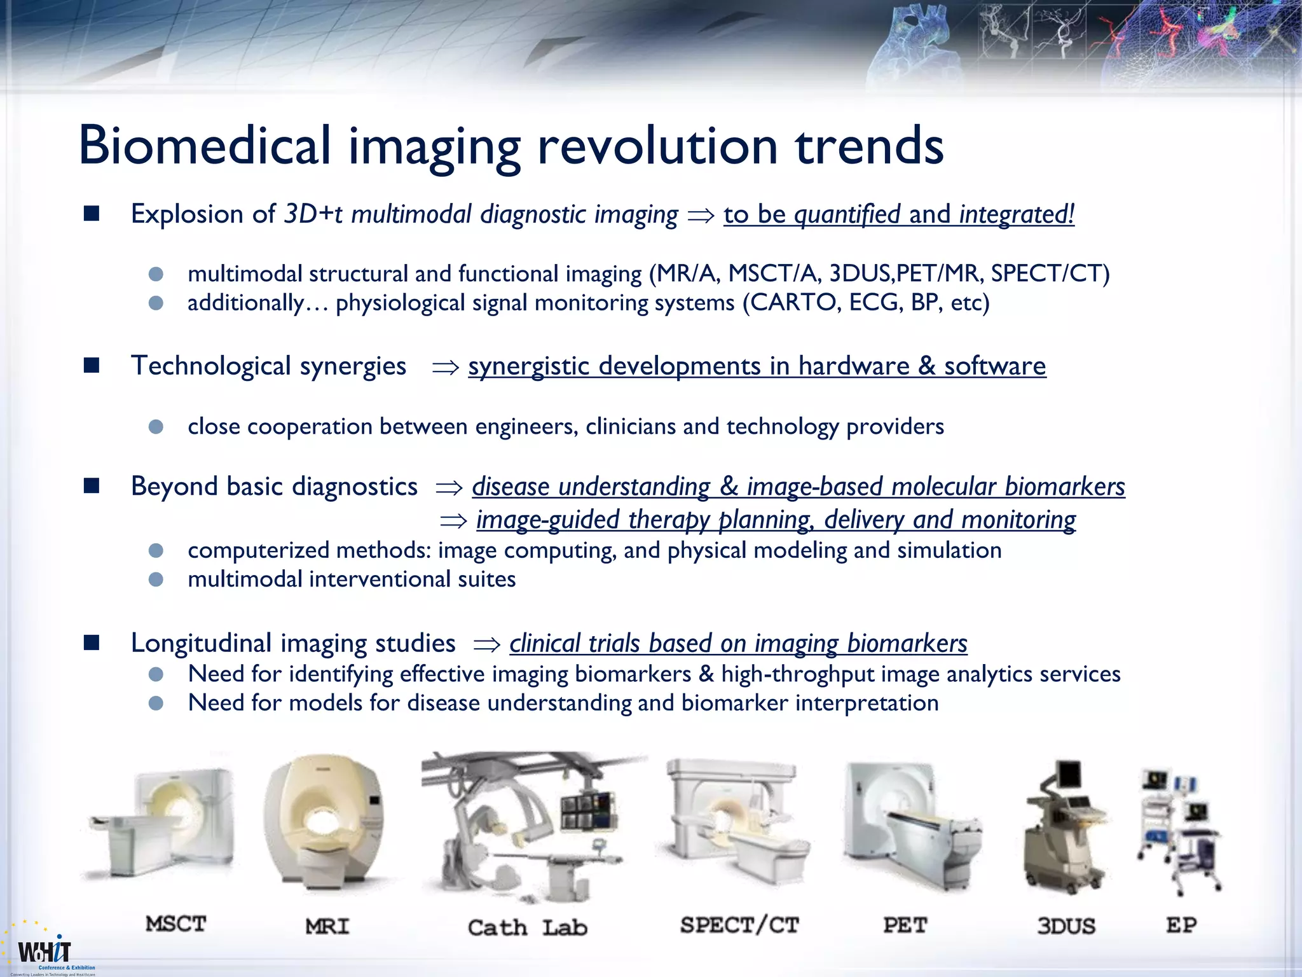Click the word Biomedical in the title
[205, 146]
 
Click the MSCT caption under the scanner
[176, 924]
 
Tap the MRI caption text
[327, 926]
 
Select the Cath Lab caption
[527, 927]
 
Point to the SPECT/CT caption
[739, 925]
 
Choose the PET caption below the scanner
[905, 925]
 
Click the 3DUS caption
[1066, 926]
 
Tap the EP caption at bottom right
[1181, 925]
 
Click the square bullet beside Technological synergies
[92, 366]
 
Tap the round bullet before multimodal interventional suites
[156, 579]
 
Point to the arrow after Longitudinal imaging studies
[487, 645]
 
